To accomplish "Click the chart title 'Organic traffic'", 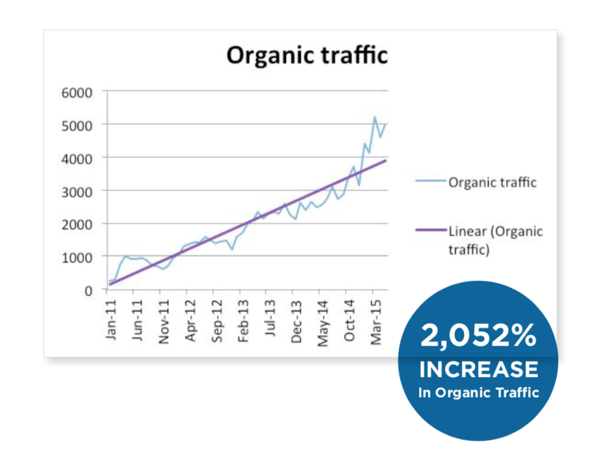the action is pyautogui.click(x=307, y=55).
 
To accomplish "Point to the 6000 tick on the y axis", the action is pyautogui.click(x=77, y=92).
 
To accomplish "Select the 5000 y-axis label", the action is pyautogui.click(x=77, y=126).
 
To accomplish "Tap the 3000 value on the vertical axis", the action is pyautogui.click(x=77, y=192).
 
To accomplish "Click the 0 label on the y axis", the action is pyautogui.click(x=88, y=291).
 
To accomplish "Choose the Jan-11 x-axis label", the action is pyautogui.click(x=111, y=320).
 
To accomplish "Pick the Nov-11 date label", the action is pyautogui.click(x=164, y=322).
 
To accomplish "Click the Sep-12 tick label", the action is pyautogui.click(x=217, y=321).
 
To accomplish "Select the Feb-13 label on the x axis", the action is pyautogui.click(x=243, y=321).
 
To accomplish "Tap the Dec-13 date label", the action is pyautogui.click(x=296, y=321).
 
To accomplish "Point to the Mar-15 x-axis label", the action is pyautogui.click(x=376, y=322).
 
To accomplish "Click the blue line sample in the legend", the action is pyautogui.click(x=431, y=181).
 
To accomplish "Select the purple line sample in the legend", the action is pyautogui.click(x=431, y=230).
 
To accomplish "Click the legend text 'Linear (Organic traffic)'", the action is pyautogui.click(x=496, y=240).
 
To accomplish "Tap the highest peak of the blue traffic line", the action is pyautogui.click(x=375, y=117).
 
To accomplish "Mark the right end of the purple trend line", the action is pyautogui.click(x=386, y=161).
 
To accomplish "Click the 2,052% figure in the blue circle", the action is pyautogui.click(x=478, y=335).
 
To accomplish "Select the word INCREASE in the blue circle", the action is pyautogui.click(x=479, y=369).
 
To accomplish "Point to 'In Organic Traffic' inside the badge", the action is pyautogui.click(x=479, y=392).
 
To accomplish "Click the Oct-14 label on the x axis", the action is pyautogui.click(x=349, y=321).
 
